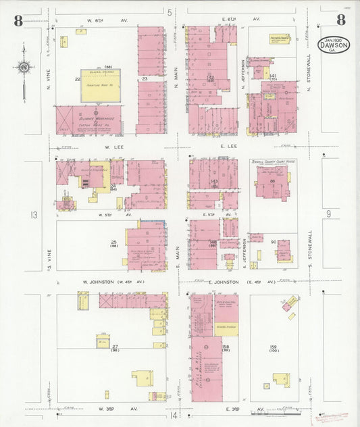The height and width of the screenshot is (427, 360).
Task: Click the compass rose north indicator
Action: (x=24, y=67)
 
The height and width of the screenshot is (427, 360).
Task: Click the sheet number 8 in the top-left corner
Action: (x=18, y=20)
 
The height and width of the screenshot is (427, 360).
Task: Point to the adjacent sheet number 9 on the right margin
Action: (x=329, y=214)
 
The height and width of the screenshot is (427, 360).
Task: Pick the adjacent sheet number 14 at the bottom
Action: (x=176, y=415)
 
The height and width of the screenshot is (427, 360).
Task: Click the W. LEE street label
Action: (x=112, y=146)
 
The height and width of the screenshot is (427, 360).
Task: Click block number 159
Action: (x=274, y=347)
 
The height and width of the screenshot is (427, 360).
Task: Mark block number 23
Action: (x=145, y=79)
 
